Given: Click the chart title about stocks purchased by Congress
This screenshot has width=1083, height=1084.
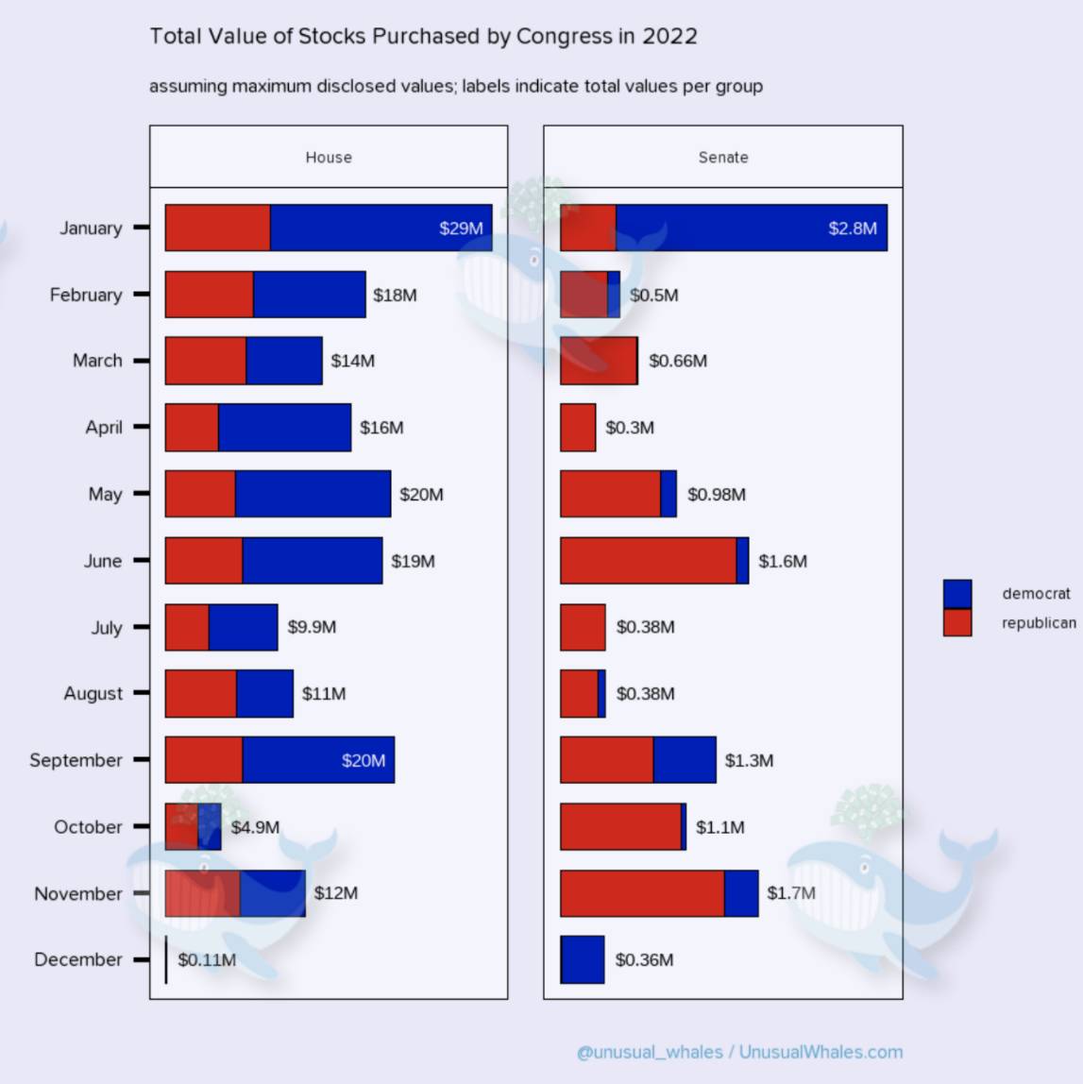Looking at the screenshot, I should [x=423, y=37].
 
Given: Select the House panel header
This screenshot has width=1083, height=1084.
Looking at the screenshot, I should [x=329, y=157].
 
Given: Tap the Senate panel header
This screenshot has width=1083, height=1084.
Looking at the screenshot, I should [x=723, y=157].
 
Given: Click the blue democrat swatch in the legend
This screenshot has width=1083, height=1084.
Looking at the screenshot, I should [x=956, y=594].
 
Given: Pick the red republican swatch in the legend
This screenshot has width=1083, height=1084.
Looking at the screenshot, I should [x=956, y=622].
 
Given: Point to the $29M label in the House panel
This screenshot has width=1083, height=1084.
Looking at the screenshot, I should [x=461, y=229].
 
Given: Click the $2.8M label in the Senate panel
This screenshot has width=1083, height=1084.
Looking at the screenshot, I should [x=853, y=229].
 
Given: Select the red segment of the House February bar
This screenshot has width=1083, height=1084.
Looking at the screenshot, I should [x=209, y=295].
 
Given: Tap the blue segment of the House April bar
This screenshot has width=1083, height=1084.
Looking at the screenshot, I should [x=284, y=428].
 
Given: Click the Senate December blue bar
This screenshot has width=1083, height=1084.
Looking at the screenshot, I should [x=583, y=959].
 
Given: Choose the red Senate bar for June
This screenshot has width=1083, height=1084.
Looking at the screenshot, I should [x=648, y=561].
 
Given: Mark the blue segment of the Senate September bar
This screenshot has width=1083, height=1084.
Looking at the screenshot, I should [x=685, y=760].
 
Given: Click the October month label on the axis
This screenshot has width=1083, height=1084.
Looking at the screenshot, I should [x=88, y=827].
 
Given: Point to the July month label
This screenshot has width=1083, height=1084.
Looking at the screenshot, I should [x=106, y=628].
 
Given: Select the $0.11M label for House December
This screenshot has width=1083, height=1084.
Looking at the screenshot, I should [x=207, y=960].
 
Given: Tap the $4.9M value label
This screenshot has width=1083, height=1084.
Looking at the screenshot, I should [x=255, y=827].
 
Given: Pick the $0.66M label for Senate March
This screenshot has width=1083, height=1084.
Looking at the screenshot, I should [x=678, y=361].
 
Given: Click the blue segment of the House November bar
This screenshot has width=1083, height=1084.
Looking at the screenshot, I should [x=272, y=893].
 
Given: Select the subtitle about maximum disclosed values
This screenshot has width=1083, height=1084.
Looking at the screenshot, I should [x=456, y=87].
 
